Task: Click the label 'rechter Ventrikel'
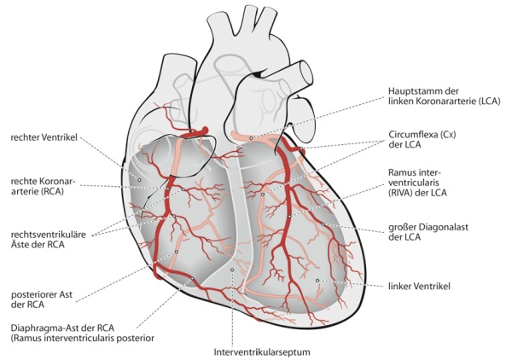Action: coord(44,137)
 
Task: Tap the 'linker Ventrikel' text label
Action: coord(419,286)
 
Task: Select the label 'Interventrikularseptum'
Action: coord(262,352)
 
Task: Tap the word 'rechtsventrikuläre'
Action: coord(49,235)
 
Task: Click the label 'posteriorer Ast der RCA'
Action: coord(42,299)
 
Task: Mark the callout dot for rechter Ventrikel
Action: coord(139,180)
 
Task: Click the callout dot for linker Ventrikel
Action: coord(317,281)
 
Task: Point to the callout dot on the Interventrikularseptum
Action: coord(232,270)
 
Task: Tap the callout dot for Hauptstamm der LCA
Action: coord(251,138)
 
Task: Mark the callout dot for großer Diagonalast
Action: coord(323,224)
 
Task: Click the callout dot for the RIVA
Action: coord(290,216)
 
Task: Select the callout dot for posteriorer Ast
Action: coord(176,252)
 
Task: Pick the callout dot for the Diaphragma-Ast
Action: coord(192,278)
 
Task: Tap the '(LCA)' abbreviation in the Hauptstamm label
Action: coord(489,101)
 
